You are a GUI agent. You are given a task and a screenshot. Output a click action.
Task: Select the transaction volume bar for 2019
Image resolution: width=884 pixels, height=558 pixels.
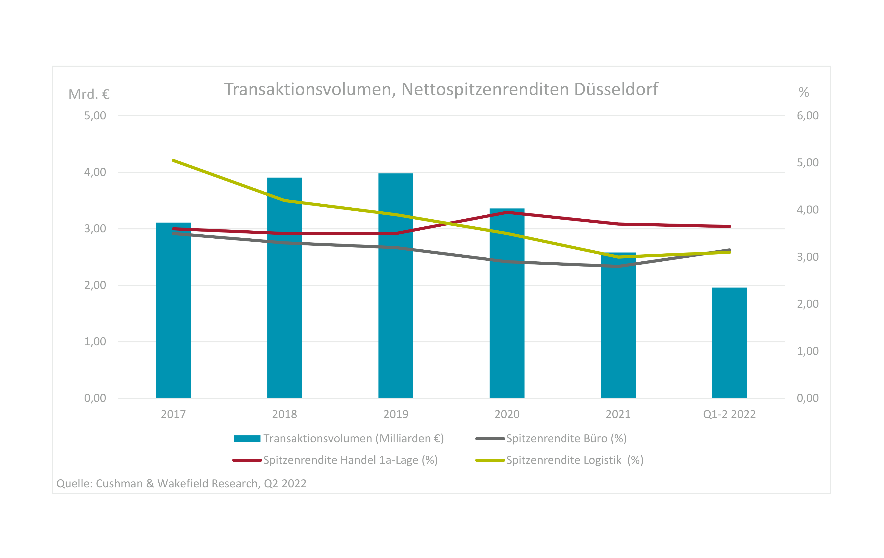click(396, 285)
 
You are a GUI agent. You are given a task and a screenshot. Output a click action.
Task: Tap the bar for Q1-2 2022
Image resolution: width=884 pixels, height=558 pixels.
click(729, 343)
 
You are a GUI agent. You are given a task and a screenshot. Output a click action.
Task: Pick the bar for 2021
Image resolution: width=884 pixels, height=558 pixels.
click(618, 325)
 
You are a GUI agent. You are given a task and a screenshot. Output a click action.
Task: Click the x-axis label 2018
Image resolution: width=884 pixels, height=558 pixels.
click(285, 414)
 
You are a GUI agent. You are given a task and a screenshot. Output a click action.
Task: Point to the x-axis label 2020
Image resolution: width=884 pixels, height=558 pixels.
click(507, 414)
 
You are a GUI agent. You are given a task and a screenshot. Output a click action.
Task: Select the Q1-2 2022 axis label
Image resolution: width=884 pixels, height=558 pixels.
click(729, 414)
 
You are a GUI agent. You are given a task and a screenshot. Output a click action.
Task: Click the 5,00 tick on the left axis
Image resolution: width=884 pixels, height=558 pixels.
click(95, 116)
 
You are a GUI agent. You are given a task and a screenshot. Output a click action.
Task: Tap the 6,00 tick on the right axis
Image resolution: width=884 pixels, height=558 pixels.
click(808, 116)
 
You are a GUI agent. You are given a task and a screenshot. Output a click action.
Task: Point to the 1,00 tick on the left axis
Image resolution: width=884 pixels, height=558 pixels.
click(95, 341)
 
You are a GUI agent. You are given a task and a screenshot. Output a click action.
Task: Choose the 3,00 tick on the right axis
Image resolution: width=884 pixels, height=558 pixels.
click(808, 257)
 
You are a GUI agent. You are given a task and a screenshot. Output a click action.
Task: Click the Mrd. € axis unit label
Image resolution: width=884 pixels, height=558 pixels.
click(89, 94)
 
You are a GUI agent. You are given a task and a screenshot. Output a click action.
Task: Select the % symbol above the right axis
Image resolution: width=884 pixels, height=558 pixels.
click(804, 92)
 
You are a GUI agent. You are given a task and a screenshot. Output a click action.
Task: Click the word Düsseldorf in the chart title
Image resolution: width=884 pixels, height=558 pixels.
click(616, 89)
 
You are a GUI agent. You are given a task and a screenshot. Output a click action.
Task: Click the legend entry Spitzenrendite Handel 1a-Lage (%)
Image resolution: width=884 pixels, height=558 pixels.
click(335, 460)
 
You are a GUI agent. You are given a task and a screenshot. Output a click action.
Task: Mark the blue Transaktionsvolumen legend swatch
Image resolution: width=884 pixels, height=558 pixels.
click(247, 438)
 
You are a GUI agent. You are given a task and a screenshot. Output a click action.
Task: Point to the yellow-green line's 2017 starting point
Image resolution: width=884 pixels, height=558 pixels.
click(173, 160)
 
